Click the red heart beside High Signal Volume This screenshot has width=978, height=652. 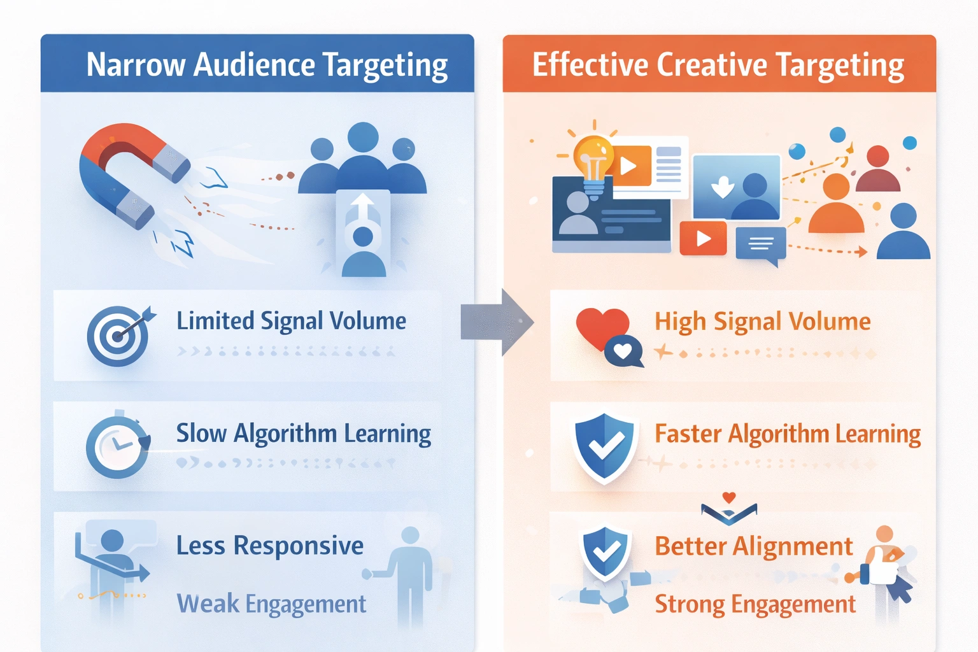tap(600, 326)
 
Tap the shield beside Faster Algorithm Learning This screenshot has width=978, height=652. tap(604, 446)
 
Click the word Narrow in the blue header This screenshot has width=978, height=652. tap(136, 65)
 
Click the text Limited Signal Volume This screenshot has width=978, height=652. tap(291, 321)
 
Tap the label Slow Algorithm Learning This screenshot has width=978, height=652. tap(303, 434)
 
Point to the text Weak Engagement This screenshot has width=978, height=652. tap(271, 604)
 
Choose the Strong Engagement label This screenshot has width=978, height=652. tap(755, 604)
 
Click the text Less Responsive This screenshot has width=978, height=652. tap(270, 546)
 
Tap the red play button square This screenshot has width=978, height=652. tap(703, 238)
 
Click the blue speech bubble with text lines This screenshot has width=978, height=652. tap(760, 244)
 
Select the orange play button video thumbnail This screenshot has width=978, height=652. tap(630, 166)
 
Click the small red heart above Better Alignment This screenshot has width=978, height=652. tap(729, 497)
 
